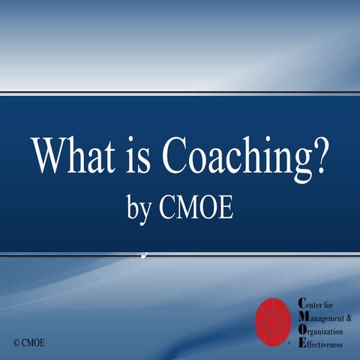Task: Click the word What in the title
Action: [72, 156]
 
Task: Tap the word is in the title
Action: [141, 156]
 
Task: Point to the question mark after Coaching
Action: [321, 156]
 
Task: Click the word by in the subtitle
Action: [140, 209]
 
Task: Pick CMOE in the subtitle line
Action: [196, 208]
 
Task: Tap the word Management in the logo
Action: [324, 316]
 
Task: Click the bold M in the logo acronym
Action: [301, 316]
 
